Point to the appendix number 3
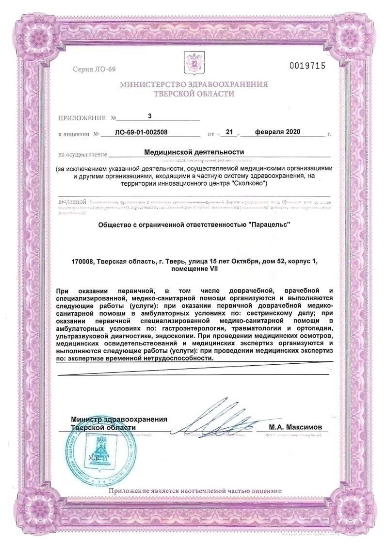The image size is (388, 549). (x=150, y=116)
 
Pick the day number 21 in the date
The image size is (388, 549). (x=230, y=132)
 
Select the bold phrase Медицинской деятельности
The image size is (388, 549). (x=194, y=152)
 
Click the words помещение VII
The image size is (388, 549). (x=194, y=269)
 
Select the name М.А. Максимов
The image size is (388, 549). (x=294, y=427)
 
